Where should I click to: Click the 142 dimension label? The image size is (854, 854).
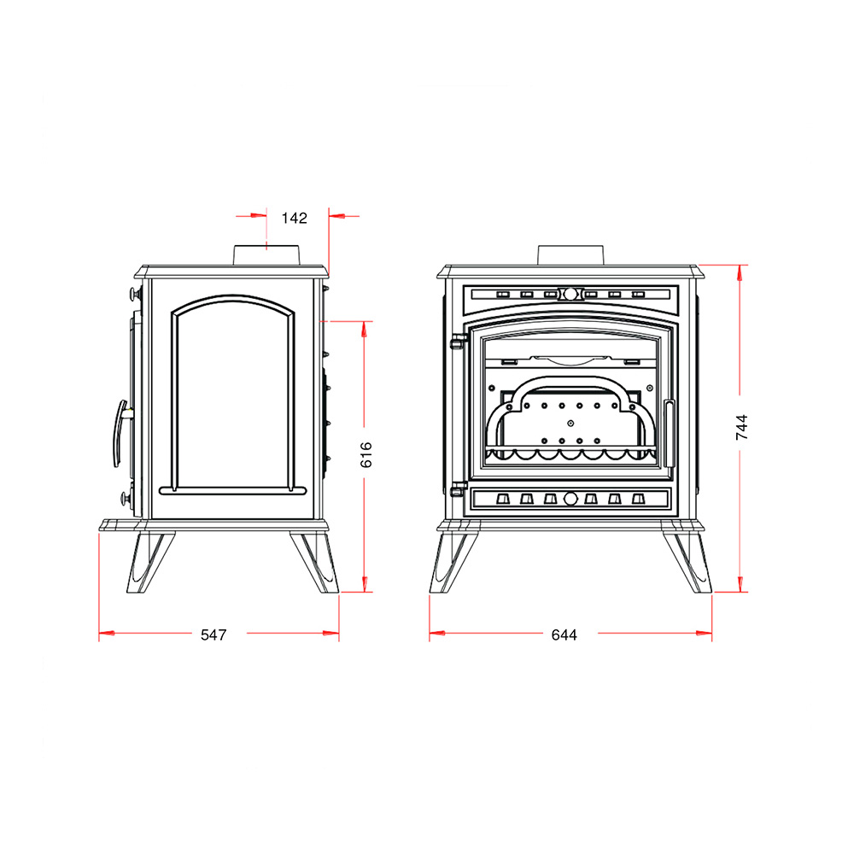coord(294,219)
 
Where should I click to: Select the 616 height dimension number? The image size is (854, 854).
coord(366,455)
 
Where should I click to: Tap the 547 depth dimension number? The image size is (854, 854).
coord(213,635)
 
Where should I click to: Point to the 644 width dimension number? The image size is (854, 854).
coord(564,635)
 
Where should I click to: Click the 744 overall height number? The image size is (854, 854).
coord(742,428)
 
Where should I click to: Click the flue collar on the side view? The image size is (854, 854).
coord(266,255)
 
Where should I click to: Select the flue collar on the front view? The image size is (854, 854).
coord(570,255)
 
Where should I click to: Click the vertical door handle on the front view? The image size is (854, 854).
coord(669,434)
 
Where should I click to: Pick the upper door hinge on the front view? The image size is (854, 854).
coord(459,342)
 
